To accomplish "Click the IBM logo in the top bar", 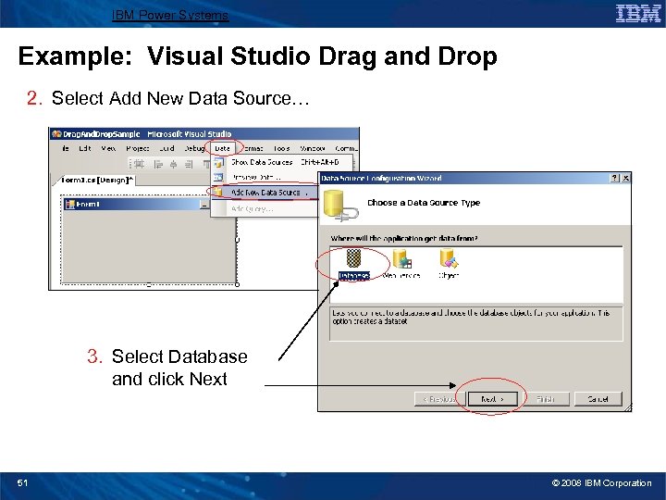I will tap(638, 13).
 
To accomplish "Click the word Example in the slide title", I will tap(59, 56).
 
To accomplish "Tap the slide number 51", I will tap(23, 482).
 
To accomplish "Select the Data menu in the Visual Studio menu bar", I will tap(222, 148).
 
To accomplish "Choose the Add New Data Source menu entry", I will tap(265, 193).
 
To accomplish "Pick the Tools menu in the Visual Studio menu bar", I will tap(281, 148).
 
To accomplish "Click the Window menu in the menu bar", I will tap(313, 148).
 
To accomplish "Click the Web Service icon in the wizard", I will tap(402, 263).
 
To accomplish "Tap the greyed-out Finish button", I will tap(545, 399).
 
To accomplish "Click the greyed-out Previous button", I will tap(438, 399).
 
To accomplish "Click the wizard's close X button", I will tap(626, 178).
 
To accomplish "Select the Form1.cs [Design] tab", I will tap(97, 181).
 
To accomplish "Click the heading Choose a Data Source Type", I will tap(424, 203).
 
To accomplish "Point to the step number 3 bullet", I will tap(93, 356).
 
